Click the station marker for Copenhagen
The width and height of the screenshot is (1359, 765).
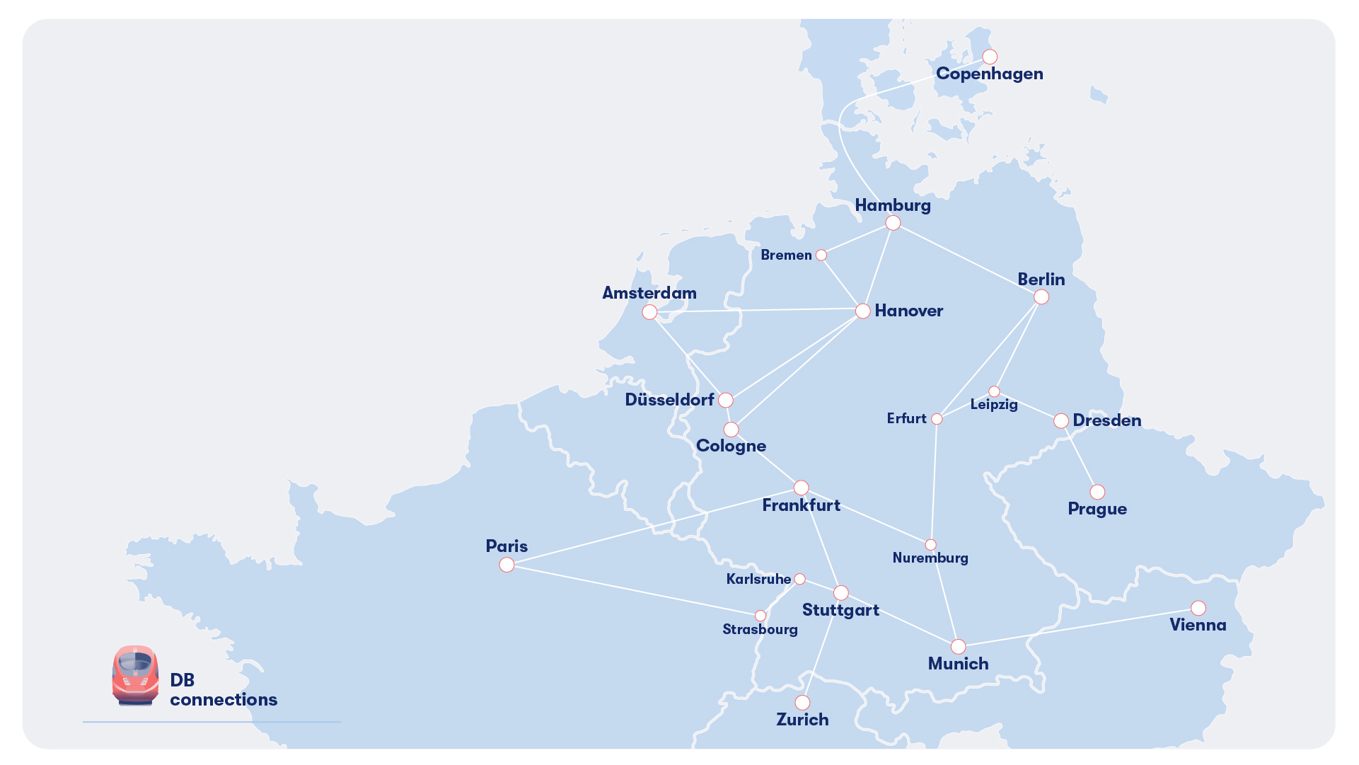click(990, 57)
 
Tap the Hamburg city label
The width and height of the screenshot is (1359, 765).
click(893, 205)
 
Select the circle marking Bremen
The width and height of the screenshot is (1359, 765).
click(821, 255)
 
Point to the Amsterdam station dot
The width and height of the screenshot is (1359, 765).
click(649, 312)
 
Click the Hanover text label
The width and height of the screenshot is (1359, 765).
click(908, 311)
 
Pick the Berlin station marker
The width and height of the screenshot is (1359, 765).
click(1041, 297)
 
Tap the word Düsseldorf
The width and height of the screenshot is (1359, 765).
click(669, 400)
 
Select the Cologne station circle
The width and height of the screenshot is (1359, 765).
click(731, 430)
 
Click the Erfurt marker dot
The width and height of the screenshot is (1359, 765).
click(937, 419)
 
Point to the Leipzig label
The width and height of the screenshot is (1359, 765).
click(994, 405)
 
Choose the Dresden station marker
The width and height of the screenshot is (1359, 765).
click(1061, 421)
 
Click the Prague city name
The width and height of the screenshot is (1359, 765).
click(1097, 509)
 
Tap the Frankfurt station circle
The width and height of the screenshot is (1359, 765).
click(801, 488)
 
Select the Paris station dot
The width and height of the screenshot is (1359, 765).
click(507, 565)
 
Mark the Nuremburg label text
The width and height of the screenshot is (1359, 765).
click(930, 558)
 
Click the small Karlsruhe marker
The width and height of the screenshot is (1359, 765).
click(799, 579)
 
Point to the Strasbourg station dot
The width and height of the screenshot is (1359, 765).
click(761, 616)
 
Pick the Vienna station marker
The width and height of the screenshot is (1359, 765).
click(1198, 608)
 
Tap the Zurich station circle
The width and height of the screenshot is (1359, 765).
click(802, 703)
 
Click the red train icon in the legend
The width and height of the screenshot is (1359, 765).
click(135, 675)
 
